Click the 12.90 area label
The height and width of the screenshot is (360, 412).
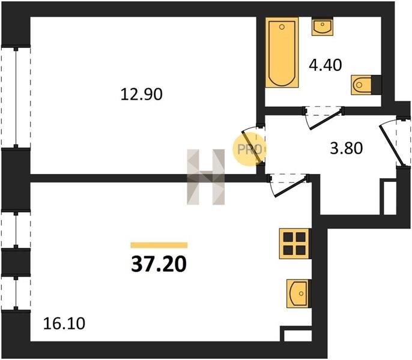142,95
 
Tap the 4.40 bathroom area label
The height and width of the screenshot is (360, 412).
326,65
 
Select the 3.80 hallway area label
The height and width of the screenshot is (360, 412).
347,148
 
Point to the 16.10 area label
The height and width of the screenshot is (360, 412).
64,323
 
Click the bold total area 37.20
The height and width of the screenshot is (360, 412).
159,264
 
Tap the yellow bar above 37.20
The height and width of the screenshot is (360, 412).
159,245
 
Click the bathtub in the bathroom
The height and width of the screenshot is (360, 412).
282,53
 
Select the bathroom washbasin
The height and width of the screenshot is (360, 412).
323,26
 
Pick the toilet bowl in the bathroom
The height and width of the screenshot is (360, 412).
362,85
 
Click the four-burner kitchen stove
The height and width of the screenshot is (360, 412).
294,244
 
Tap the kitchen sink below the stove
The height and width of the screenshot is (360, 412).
298,293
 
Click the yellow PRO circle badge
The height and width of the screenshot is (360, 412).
249,149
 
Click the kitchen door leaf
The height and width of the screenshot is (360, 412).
291,187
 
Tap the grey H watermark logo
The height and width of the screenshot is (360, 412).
206,177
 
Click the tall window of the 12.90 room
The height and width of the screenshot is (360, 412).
16,97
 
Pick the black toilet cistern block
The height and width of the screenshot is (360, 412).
377,85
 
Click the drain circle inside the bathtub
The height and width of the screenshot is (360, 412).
282,27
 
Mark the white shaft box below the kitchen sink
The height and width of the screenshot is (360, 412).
298,336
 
